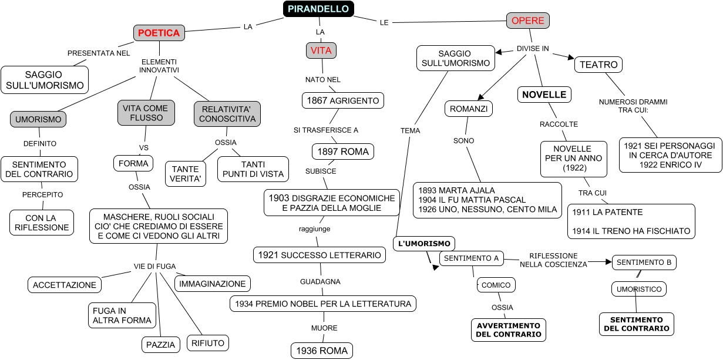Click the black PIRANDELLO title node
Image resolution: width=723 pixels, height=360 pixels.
[319, 9]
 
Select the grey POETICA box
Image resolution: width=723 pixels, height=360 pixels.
[159, 33]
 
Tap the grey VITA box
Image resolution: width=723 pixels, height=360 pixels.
[321, 51]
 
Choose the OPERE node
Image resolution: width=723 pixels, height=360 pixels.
[527, 21]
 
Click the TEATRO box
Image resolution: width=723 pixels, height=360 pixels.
[598, 65]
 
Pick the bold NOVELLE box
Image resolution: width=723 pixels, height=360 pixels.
[544, 95]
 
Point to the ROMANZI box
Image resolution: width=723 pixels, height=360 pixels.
[469, 109]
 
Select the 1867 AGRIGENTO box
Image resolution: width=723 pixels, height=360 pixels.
[343, 100]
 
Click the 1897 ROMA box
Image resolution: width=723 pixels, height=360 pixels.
[343, 152]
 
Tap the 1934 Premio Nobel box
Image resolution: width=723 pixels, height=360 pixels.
[323, 304]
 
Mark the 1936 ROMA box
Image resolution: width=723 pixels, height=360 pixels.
[322, 351]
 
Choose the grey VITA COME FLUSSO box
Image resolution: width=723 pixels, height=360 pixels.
[146, 113]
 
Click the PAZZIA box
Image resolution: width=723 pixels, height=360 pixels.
[160, 345]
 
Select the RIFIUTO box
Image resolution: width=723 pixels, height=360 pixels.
[207, 342]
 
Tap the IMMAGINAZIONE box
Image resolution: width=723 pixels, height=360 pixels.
[212, 284]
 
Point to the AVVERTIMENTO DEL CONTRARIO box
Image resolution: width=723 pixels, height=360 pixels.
[508, 329]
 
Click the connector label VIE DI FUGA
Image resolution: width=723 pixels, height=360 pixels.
[154, 266]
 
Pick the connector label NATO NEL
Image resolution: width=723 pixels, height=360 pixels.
[322, 79]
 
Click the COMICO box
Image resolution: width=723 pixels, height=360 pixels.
[496, 285]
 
